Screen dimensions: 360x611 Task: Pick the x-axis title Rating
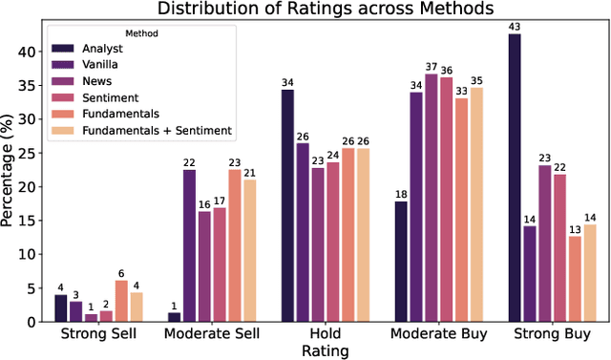(326, 350)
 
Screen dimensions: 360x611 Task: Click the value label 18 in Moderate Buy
(401, 195)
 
